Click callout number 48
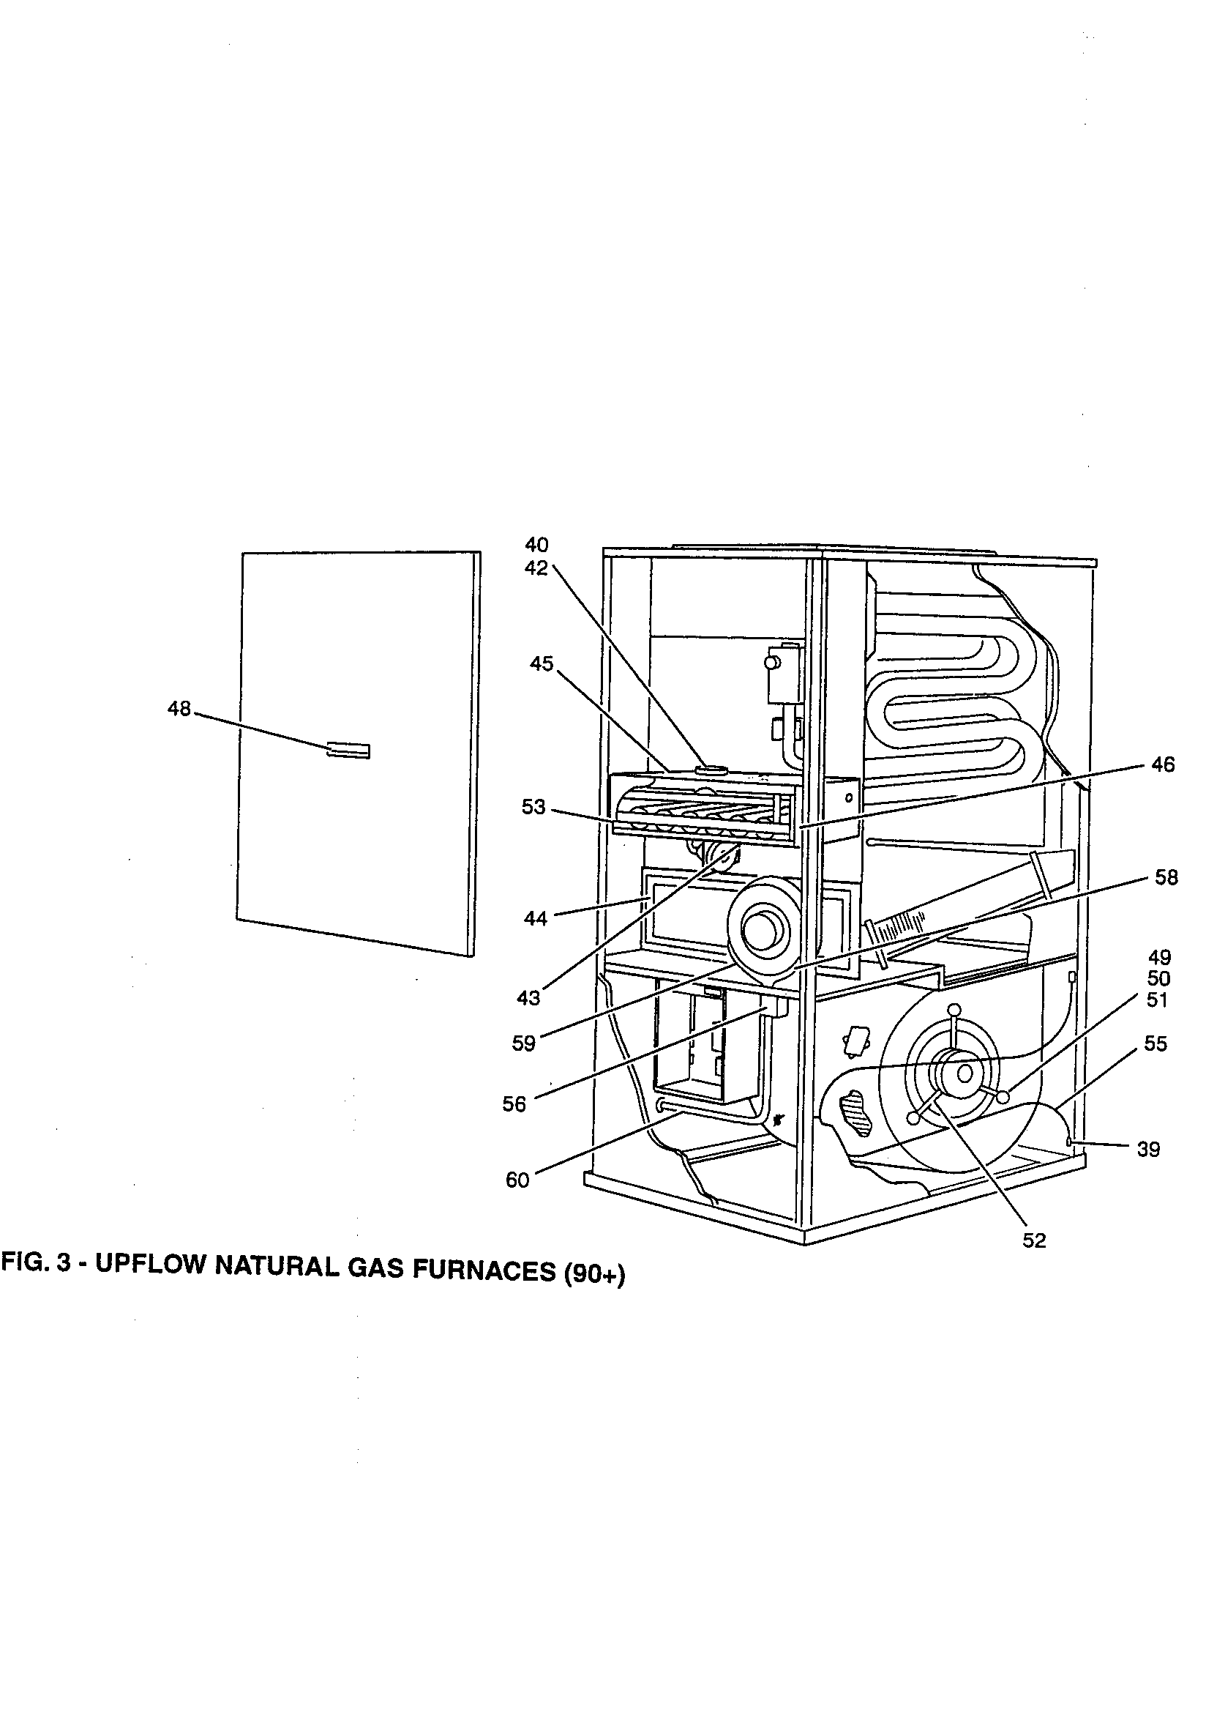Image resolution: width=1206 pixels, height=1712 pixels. (x=179, y=708)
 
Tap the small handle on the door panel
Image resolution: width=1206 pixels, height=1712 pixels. (x=348, y=750)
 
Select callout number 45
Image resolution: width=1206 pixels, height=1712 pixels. (x=542, y=663)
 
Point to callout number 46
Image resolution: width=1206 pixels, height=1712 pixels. (x=1162, y=764)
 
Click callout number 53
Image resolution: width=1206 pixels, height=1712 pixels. (x=533, y=808)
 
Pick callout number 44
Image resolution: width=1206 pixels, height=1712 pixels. (x=535, y=919)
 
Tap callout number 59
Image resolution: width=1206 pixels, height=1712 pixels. (x=524, y=1044)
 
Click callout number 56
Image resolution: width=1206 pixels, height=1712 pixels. (x=514, y=1104)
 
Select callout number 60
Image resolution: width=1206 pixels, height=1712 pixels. (x=517, y=1180)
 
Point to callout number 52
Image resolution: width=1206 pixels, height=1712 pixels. (x=1035, y=1240)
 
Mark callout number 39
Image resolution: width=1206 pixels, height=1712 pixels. (x=1149, y=1150)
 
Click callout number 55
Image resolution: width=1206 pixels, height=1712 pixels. (x=1156, y=1044)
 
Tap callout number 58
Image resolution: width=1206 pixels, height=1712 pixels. (x=1166, y=878)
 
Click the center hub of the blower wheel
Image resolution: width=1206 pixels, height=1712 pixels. (x=964, y=1074)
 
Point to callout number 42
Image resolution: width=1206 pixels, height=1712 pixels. (x=536, y=568)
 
